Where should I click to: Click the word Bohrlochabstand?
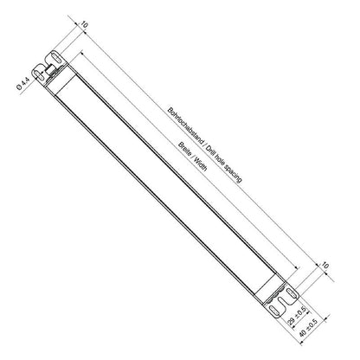(x=186, y=129)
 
